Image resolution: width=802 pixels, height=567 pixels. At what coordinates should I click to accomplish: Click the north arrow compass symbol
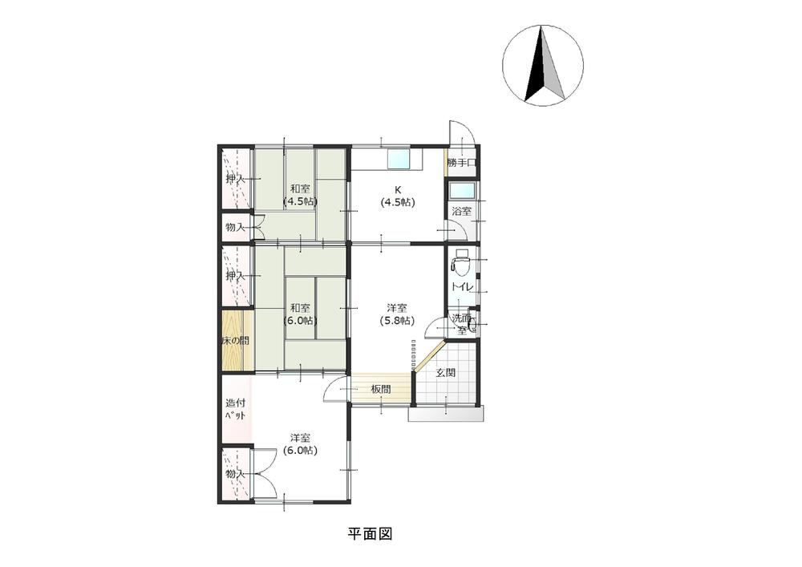point(543,66)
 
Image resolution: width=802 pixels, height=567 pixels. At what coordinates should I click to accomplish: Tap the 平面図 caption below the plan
point(370,534)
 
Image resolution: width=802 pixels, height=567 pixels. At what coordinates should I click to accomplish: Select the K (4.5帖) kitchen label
point(398,196)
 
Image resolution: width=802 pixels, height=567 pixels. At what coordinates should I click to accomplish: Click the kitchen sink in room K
point(399,159)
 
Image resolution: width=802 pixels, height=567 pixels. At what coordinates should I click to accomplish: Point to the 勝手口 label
point(462,163)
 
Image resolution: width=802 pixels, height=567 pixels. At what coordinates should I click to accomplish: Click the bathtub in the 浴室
point(463,192)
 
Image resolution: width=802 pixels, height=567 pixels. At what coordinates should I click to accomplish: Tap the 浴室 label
point(462,211)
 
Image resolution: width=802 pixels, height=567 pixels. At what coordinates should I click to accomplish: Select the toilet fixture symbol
point(461,261)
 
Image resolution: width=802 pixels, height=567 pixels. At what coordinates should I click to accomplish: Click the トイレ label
point(462,287)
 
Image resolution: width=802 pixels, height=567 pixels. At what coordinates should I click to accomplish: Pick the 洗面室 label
point(462,324)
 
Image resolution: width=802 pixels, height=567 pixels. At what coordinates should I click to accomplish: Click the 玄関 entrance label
point(445,373)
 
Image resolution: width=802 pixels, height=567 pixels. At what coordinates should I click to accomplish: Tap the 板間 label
point(381,389)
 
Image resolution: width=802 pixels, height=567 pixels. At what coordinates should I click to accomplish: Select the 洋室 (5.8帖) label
point(397,314)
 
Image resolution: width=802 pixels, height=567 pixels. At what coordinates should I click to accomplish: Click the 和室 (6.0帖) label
point(300,314)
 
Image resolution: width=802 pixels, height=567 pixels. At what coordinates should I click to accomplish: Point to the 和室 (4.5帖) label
point(300,195)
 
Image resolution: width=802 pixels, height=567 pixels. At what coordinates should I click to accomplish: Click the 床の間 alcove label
point(235,341)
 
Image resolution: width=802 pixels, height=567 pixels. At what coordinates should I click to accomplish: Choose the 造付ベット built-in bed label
point(235,409)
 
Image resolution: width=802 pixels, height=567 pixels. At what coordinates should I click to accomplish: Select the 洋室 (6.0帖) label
point(300,444)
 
